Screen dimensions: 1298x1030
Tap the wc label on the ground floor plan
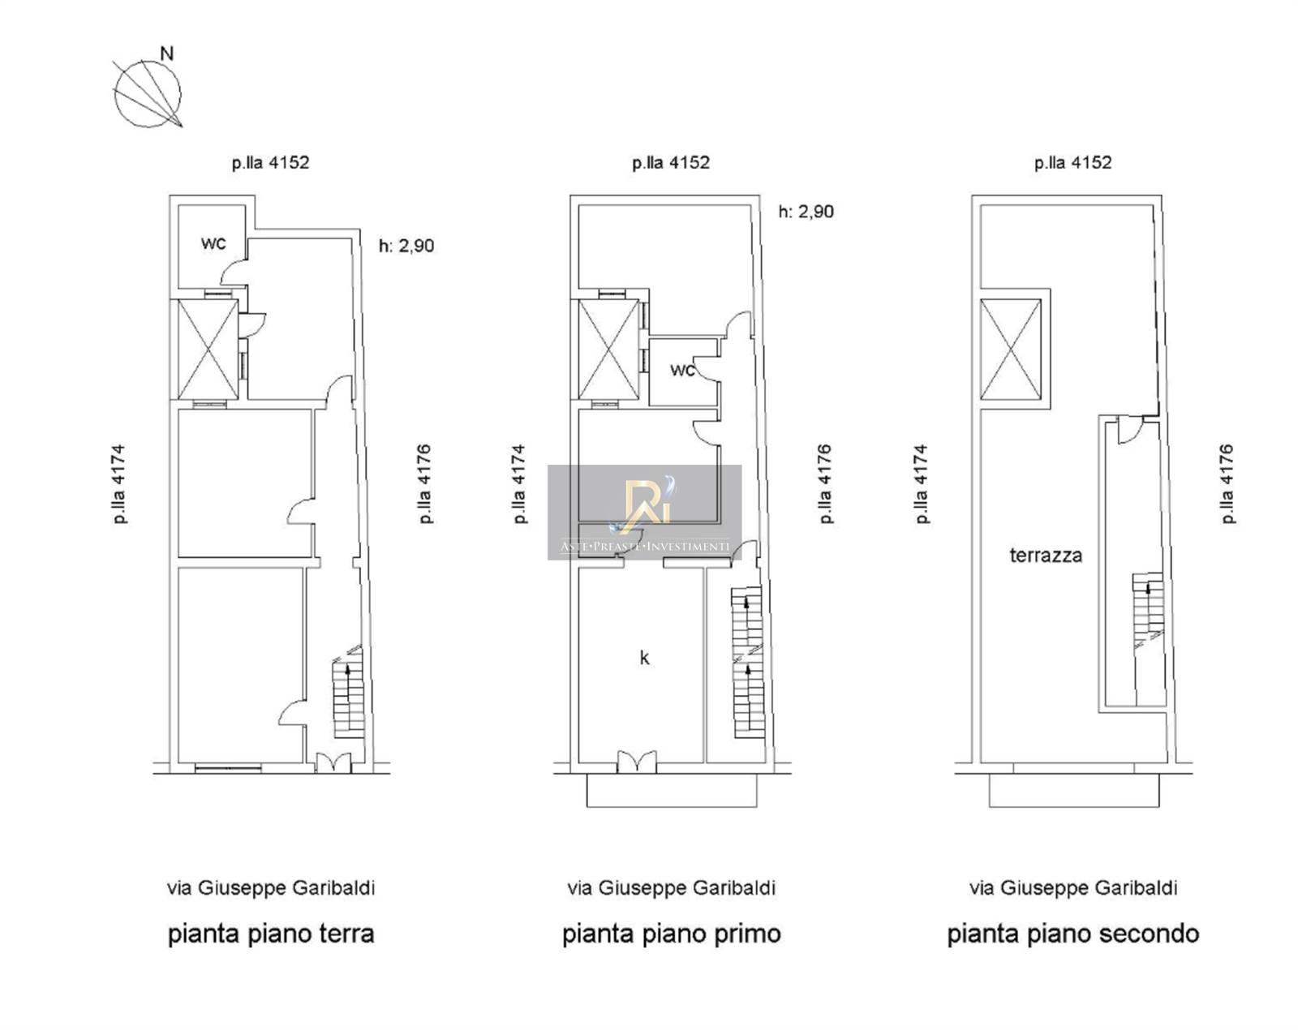click(213, 243)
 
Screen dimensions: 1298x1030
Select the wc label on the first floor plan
click(683, 371)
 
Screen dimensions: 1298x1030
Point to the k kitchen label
click(645, 657)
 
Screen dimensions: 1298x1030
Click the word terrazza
click(1046, 555)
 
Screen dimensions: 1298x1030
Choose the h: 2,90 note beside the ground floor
click(406, 246)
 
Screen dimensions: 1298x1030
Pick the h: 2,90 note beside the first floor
click(806, 212)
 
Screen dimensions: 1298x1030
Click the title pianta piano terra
click(271, 934)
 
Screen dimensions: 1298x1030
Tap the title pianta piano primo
click(672, 934)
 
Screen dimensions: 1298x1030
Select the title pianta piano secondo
click(1073, 934)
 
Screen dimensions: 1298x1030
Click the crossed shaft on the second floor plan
click(1011, 350)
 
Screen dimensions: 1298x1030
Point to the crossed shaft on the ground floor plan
click(208, 350)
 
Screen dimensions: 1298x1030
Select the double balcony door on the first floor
click(636, 761)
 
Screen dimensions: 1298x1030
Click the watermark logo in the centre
click(645, 512)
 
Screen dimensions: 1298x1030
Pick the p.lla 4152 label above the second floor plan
click(1073, 163)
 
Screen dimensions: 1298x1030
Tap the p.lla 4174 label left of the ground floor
click(118, 483)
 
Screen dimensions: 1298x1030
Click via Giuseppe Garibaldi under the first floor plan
click(672, 888)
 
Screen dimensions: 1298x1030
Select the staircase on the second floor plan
click(1147, 610)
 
